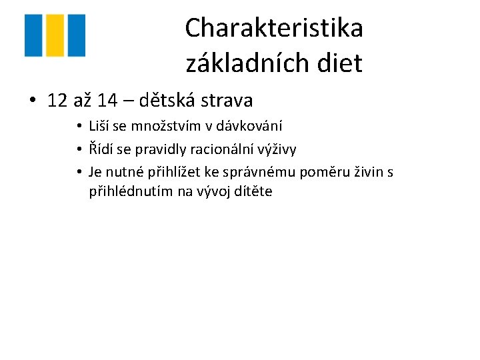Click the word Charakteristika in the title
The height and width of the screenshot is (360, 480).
coord(274,28)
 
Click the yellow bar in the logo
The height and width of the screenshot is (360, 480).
coord(55,35)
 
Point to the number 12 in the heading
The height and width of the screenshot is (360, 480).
coord(58,101)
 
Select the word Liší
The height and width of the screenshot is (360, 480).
coord(101,126)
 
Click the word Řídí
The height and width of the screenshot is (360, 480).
coord(102,149)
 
